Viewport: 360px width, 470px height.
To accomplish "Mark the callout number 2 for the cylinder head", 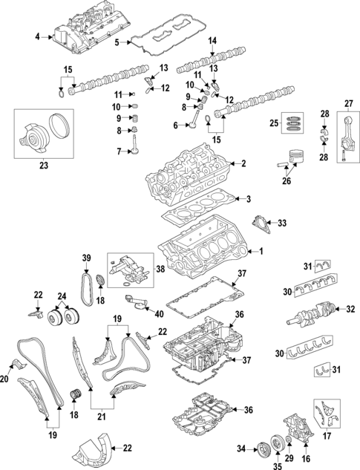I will pos(243,163).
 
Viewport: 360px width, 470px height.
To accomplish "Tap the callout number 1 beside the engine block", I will pos(260,251).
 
